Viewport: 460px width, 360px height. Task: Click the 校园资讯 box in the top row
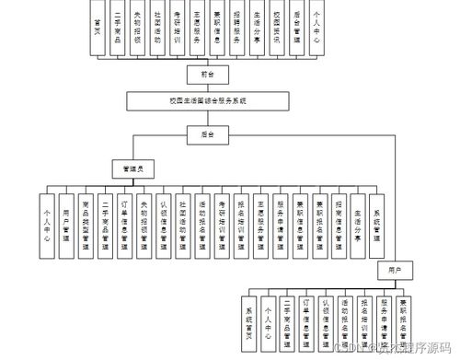coord(277,30)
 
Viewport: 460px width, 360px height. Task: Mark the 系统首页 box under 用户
coord(247,323)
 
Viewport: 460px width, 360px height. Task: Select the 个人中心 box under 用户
coord(267,323)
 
